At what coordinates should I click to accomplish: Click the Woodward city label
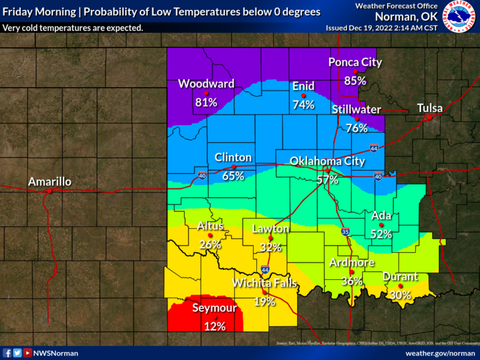[206, 84]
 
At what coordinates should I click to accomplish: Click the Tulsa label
[430, 108]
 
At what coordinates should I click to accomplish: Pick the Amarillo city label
[49, 181]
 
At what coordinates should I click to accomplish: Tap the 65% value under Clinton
[233, 177]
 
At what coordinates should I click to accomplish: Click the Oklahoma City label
[327, 161]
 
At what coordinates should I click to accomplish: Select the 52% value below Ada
[381, 234]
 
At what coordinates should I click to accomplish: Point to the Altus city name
[211, 226]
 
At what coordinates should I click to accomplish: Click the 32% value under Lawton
[271, 247]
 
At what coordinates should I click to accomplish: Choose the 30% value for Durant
[400, 296]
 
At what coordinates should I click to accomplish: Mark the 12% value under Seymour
[215, 326]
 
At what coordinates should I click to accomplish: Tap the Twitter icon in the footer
[17, 353]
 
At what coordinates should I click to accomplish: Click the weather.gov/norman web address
[440, 353]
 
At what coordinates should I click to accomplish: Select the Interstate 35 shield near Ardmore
[345, 232]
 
